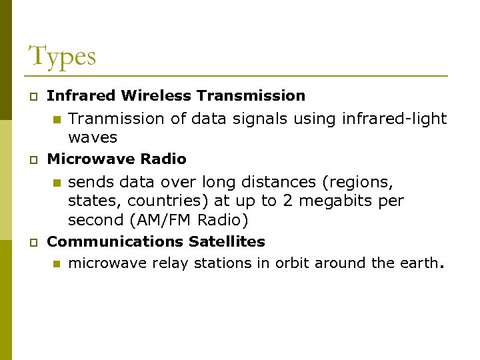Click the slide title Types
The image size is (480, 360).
(62, 56)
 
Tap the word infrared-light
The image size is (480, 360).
(394, 119)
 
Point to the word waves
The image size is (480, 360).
(92, 138)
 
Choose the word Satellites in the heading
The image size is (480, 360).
(227, 241)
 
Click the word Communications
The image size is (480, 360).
(115, 241)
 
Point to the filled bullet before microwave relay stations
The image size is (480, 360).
(57, 265)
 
